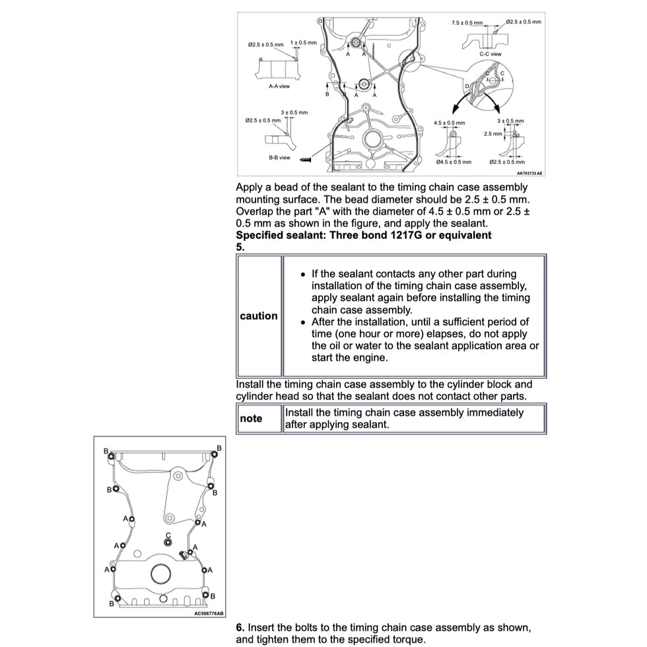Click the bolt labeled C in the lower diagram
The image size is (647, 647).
point(168,543)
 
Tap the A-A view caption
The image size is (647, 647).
point(279,86)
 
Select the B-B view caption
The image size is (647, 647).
point(279,158)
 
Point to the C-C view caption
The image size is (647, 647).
point(490,54)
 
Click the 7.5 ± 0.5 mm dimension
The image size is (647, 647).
point(467,23)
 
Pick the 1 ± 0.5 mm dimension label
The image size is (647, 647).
point(304,42)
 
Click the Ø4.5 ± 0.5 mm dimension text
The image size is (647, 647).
point(454,162)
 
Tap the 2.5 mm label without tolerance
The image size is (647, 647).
point(493,133)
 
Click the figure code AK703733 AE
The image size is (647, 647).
point(529,174)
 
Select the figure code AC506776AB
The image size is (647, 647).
point(209,613)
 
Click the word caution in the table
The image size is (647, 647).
point(259,316)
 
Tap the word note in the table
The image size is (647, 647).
point(251,419)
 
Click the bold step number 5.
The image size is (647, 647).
point(240,247)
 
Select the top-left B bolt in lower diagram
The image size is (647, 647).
point(112,456)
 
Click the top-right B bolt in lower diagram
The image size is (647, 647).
point(213,454)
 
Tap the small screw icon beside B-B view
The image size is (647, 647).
point(305,158)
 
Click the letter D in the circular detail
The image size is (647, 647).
point(467,86)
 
